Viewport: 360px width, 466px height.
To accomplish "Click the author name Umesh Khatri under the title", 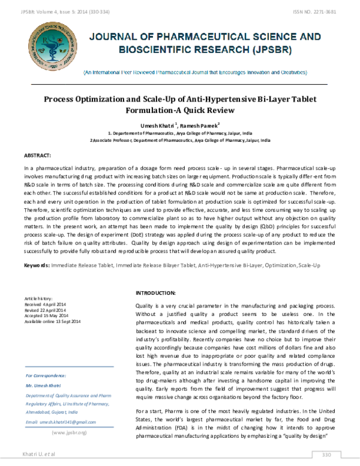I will [158, 124].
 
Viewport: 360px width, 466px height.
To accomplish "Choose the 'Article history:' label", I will [38, 298].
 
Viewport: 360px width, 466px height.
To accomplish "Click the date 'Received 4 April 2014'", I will [46, 304].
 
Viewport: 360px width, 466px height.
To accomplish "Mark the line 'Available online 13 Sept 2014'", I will [52, 321].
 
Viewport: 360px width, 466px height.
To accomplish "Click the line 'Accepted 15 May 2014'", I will [46, 315].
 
